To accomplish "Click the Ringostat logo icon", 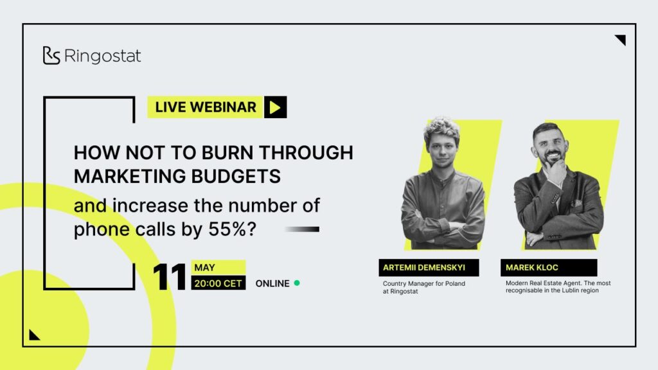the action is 51,55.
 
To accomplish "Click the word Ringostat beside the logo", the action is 103,56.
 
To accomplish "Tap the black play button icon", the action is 275,107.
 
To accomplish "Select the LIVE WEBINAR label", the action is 205,107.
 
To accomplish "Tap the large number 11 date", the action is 170,277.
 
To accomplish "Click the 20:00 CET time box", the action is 218,283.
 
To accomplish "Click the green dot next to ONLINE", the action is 297,283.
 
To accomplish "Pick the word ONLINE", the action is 272,283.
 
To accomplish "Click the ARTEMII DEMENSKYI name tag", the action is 429,268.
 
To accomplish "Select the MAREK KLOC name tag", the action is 549,268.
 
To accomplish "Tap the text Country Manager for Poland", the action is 424,283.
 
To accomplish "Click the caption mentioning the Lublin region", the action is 558,287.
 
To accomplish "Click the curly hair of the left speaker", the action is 442,128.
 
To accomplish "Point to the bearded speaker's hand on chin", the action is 556,172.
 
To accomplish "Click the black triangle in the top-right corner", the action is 621,39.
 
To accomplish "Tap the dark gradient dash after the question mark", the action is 302,229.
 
